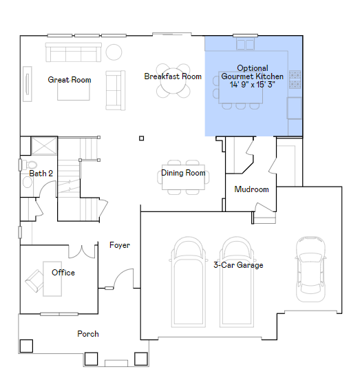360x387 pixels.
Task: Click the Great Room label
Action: (x=69, y=80)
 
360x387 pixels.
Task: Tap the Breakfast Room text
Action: (x=173, y=76)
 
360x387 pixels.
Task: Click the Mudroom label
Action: (x=251, y=189)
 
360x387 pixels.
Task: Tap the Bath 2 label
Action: (x=41, y=174)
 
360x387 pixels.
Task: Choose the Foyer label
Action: (x=120, y=245)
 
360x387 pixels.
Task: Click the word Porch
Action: (x=87, y=334)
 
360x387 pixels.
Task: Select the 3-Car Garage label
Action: (x=238, y=265)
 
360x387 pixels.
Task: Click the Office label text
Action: (x=63, y=273)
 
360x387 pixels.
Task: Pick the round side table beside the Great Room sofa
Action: (x=112, y=52)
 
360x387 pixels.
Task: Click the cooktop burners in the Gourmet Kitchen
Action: (x=295, y=79)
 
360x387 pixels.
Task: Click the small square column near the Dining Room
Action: (x=141, y=138)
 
